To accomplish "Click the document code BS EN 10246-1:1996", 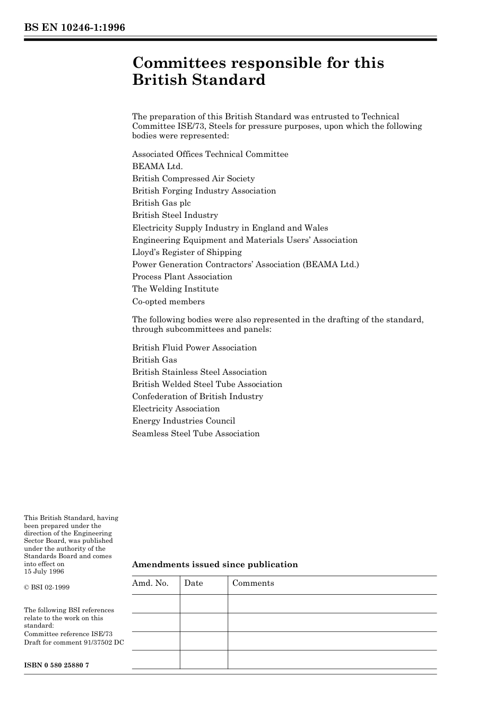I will (x=74, y=28).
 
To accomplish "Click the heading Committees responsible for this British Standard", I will (x=258, y=71).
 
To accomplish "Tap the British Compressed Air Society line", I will (x=193, y=179).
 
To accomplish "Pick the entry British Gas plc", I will (x=161, y=203).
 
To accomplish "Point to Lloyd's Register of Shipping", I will (x=187, y=252).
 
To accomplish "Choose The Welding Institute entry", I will (x=175, y=289).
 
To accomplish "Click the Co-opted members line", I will (x=168, y=302).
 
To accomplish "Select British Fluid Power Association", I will (x=194, y=348).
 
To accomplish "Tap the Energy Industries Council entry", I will (x=184, y=421).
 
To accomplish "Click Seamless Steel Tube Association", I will (x=196, y=434).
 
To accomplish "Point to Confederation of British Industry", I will (x=197, y=397).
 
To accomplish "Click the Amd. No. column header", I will (x=150, y=583).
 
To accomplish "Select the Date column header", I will (x=194, y=583).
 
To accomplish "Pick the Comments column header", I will (x=253, y=583).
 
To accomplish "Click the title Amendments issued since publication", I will (x=215, y=565).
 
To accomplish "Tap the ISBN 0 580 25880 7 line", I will (x=56, y=665).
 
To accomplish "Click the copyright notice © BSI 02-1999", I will (x=47, y=587).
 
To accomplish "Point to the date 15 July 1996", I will (x=44, y=571).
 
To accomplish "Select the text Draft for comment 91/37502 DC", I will (x=74, y=642).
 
